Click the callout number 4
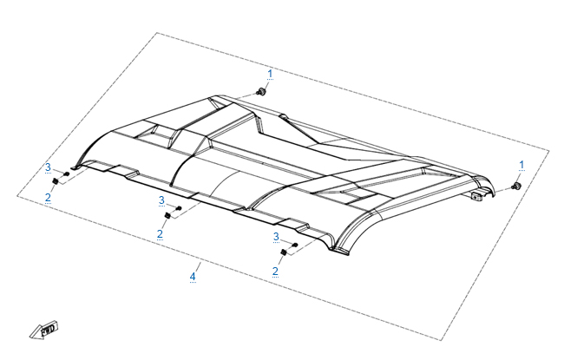(193, 277)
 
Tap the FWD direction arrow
(44, 331)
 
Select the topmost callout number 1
(270, 74)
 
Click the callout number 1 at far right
(521, 165)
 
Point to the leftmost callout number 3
(49, 167)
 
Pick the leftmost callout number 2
(48, 198)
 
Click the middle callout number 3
(161, 200)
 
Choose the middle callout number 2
(160, 233)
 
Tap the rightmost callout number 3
(276, 237)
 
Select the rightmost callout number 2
(275, 271)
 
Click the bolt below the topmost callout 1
(260, 91)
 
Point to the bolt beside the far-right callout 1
(516, 187)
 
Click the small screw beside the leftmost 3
(67, 174)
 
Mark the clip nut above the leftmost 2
(56, 181)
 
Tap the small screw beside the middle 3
(179, 208)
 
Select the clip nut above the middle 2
(167, 215)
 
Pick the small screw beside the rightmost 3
(295, 245)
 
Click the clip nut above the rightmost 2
(283, 252)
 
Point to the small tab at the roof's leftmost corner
(74, 167)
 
